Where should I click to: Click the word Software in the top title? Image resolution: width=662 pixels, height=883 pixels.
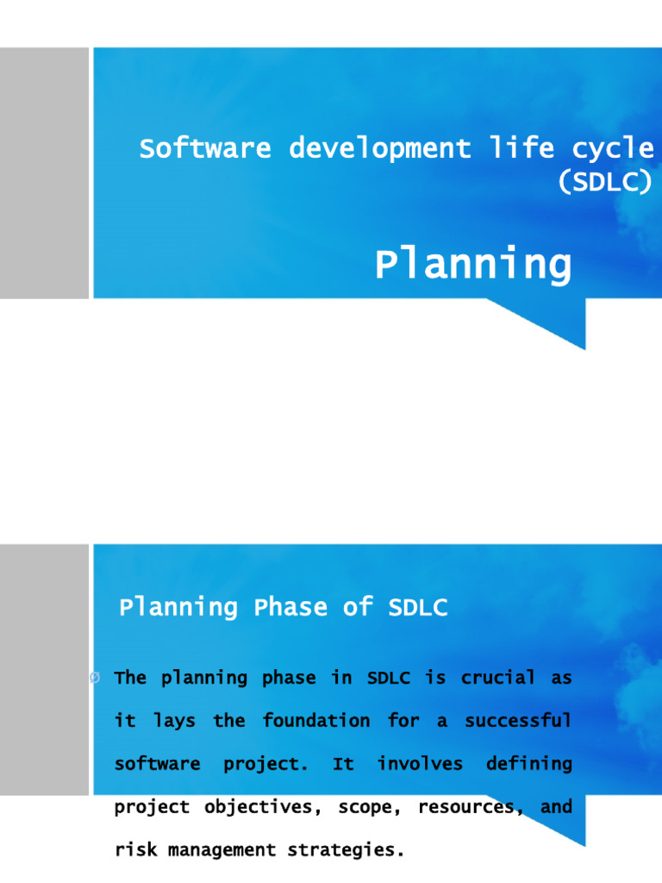click(204, 149)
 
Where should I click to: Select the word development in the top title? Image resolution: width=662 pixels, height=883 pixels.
click(379, 149)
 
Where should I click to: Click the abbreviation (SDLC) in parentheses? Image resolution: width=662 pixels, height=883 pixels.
click(604, 183)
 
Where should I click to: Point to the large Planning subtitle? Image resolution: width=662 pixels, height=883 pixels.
click(472, 265)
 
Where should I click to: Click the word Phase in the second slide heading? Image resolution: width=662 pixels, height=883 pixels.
click(290, 608)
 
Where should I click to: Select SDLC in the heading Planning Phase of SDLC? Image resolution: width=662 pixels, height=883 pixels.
click(418, 608)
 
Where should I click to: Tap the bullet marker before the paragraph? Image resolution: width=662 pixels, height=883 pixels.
click(94, 679)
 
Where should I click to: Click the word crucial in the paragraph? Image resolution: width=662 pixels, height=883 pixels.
click(497, 678)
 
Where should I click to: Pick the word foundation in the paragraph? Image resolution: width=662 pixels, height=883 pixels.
click(316, 721)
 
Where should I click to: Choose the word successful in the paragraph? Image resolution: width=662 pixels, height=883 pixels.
click(518, 721)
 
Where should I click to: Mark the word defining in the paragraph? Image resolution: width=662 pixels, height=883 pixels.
click(528, 764)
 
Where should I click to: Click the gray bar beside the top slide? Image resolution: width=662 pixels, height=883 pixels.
click(44, 173)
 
